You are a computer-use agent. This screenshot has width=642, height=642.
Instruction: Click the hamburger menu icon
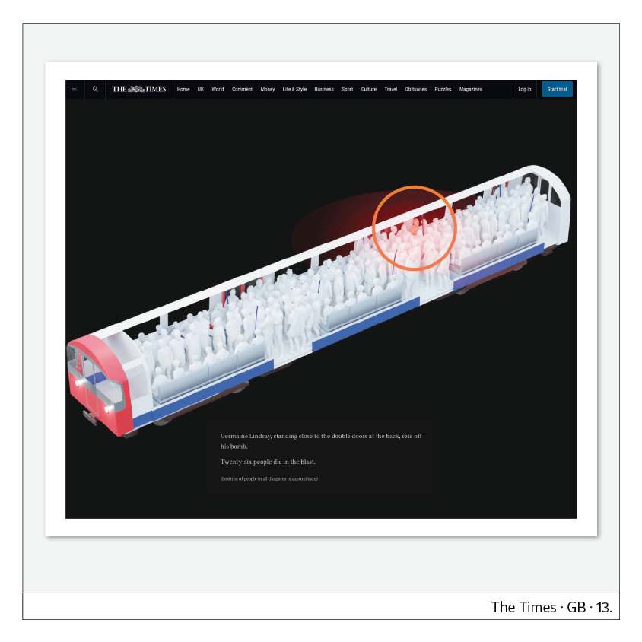coord(75,89)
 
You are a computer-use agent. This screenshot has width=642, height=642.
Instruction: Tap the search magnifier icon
coord(95,89)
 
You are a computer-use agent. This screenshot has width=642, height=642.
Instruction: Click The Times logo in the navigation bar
coord(138,89)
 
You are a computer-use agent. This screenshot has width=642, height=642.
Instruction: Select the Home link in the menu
coord(183,89)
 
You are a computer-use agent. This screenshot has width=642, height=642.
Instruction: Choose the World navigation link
coord(218,89)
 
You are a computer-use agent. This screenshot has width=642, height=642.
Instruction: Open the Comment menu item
coord(242,89)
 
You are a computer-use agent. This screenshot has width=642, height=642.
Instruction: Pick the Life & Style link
coord(294,89)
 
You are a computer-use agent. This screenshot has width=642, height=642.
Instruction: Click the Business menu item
coord(324,89)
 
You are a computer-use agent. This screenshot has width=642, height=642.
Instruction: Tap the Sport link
coord(347,89)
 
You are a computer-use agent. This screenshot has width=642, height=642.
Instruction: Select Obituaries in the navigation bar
coord(415,89)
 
